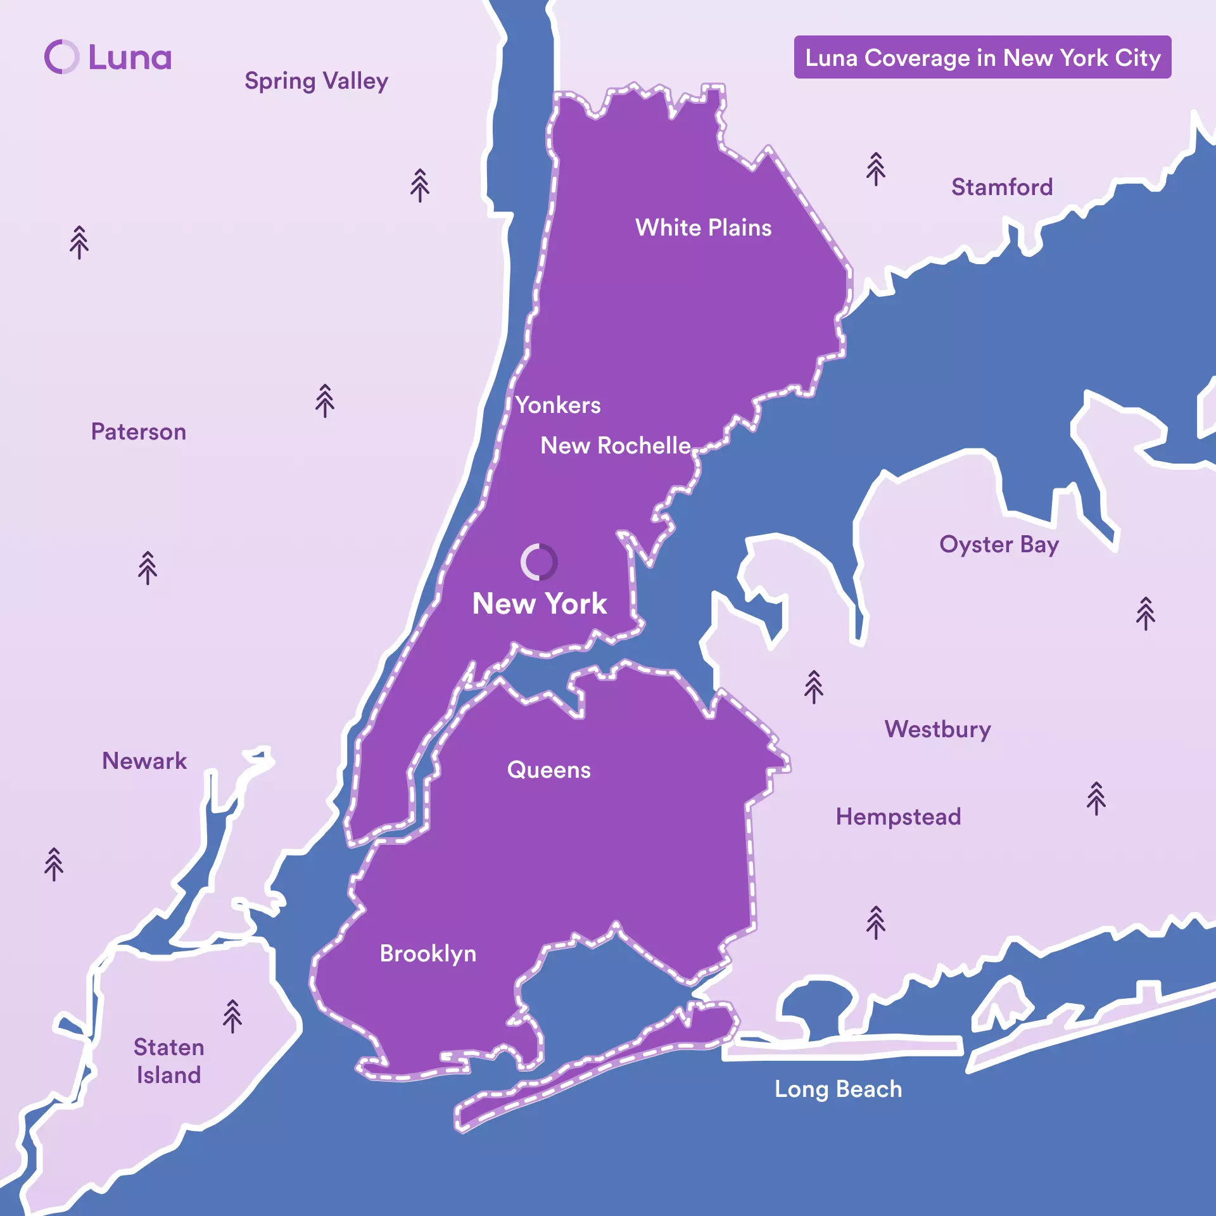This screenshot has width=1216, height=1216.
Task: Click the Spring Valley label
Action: (316, 81)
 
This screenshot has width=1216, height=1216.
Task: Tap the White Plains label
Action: (703, 228)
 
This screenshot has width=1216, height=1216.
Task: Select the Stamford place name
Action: (1001, 187)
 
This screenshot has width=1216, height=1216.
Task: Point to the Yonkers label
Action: (557, 405)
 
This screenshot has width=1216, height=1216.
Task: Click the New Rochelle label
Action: (615, 446)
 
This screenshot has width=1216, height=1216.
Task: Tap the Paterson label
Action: (139, 432)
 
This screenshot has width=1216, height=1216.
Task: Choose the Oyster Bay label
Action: (999, 545)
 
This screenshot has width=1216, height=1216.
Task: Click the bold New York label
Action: (540, 604)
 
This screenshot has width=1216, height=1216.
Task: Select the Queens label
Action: (548, 770)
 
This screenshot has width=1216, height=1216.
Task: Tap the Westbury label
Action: (937, 730)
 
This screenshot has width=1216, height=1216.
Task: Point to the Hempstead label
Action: (898, 817)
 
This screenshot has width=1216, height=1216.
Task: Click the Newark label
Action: (144, 761)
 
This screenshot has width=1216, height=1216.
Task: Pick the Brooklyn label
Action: (427, 954)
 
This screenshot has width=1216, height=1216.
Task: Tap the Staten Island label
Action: (168, 1061)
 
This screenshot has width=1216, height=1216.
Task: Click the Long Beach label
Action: (838, 1089)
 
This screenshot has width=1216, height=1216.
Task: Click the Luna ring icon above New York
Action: (539, 562)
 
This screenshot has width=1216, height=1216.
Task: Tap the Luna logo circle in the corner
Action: (62, 57)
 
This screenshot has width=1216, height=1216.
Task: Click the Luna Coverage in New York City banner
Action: (982, 58)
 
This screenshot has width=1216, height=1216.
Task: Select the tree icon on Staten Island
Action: (232, 1016)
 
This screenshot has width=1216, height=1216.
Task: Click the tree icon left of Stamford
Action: (876, 169)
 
